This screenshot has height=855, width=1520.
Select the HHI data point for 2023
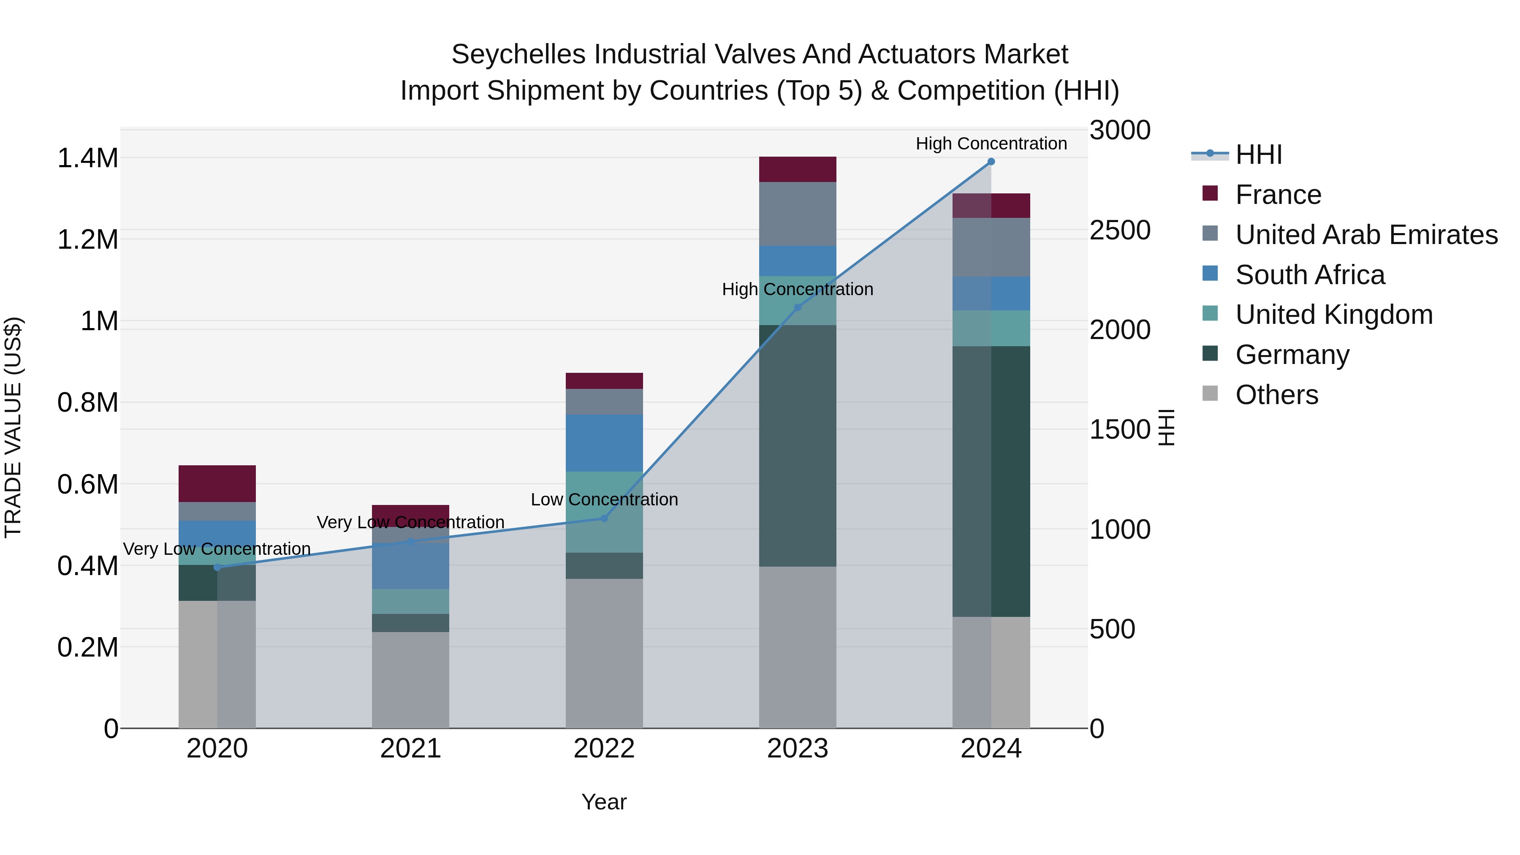click(797, 307)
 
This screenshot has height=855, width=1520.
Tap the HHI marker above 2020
click(217, 567)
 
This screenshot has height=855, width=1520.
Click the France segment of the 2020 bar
click(217, 483)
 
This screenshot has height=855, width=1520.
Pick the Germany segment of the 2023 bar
click(797, 445)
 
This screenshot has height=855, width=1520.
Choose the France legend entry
click(1278, 195)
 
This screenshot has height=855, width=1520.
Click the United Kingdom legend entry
click(1333, 315)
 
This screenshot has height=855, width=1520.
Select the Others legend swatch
click(1210, 394)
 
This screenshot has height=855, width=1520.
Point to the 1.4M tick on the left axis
click(87, 158)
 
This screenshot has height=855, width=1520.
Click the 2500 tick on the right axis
click(1119, 230)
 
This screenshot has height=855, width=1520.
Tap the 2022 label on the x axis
click(604, 749)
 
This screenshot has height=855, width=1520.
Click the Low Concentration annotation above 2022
click(604, 500)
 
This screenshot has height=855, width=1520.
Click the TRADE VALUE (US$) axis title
click(13, 427)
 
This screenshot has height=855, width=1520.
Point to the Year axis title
click(604, 802)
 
